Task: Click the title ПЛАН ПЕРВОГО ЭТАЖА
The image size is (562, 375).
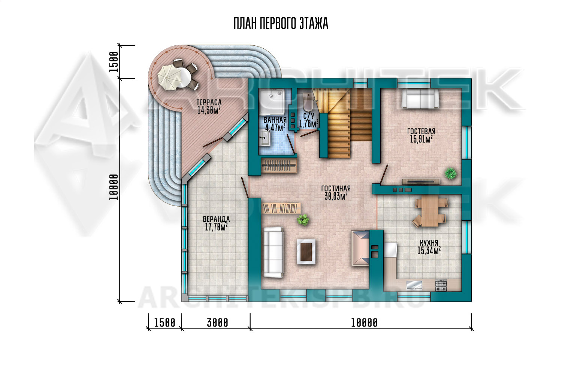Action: point(281,24)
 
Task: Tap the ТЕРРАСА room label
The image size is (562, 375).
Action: point(209,102)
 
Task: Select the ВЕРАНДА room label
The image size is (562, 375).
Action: point(216,219)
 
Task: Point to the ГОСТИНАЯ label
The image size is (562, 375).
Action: point(336,188)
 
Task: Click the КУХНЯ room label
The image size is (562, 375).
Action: point(429,243)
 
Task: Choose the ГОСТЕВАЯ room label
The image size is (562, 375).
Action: point(421,131)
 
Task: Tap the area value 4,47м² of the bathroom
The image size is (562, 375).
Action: point(275,127)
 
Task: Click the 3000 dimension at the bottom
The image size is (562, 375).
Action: point(218,323)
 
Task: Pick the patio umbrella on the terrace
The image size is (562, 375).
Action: point(169,78)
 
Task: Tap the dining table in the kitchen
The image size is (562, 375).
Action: point(430,211)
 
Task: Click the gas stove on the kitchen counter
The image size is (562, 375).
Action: point(441,285)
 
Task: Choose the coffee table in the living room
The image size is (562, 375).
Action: point(306,252)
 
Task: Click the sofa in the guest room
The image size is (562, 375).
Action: point(420,99)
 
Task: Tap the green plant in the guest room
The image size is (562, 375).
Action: point(451,173)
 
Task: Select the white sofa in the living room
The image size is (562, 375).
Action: point(273,252)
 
